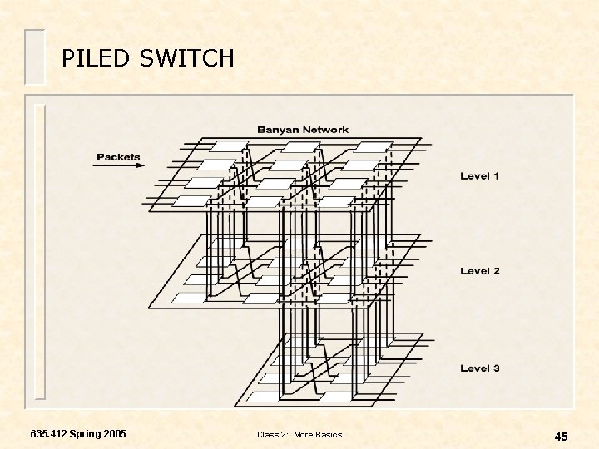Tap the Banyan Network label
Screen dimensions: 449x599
303,130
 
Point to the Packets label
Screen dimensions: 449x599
118,156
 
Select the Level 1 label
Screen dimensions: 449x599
480,176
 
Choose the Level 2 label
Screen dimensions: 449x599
480,271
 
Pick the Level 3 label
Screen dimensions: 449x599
480,368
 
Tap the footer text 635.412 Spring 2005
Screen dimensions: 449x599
78,434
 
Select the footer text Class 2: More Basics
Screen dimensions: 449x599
299,435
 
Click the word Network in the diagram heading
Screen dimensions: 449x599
325,130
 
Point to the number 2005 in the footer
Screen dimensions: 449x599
112,434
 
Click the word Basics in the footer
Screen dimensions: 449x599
328,435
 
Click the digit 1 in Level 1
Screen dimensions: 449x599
496,176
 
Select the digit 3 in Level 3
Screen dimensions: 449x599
496,368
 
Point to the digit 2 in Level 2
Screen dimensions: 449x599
496,271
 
